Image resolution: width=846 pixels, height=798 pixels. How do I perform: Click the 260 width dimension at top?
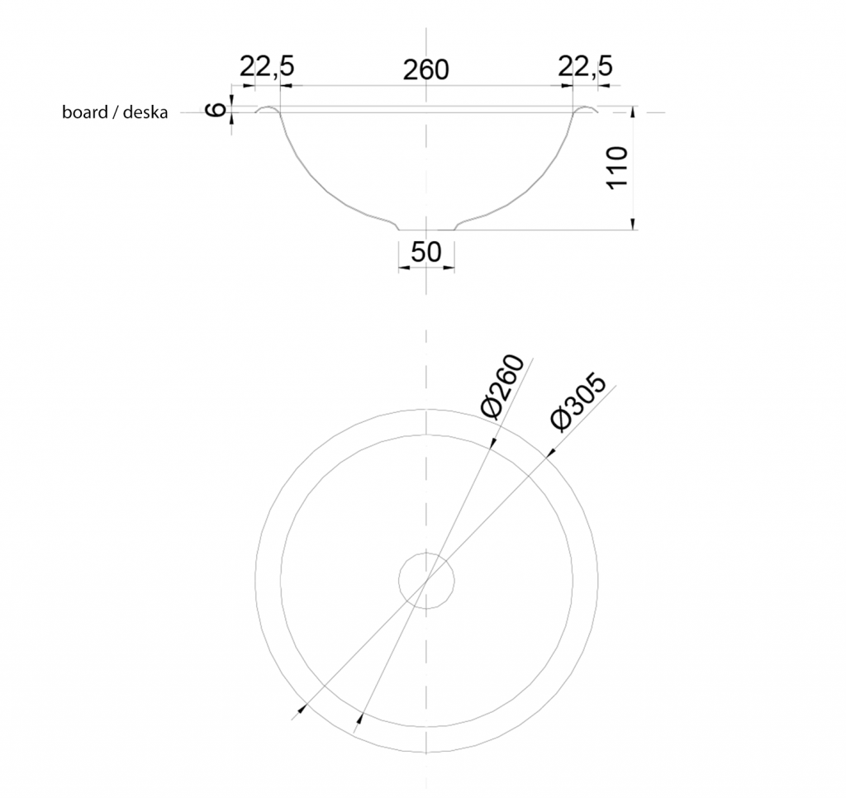[425, 71]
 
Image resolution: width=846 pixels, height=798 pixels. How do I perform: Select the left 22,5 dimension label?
[267, 67]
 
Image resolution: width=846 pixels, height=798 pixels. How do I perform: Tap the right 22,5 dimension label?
[586, 67]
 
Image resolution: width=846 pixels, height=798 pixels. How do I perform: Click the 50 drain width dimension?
[426, 252]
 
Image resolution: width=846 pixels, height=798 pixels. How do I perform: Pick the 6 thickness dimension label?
[216, 110]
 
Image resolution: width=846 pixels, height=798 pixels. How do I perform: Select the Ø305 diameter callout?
[578, 401]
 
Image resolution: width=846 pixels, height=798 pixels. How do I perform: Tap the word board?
[85, 112]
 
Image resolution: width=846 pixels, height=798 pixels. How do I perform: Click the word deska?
[145, 112]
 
